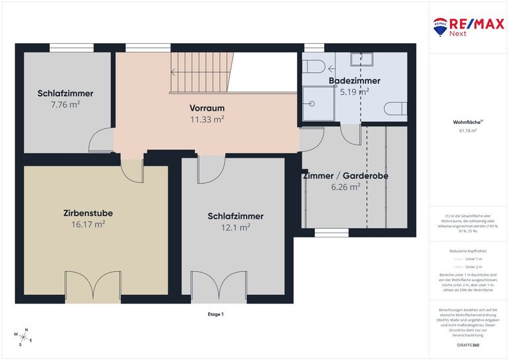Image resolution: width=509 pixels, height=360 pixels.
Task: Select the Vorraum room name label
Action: [207, 108]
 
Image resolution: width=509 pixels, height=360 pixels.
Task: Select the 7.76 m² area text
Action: [65, 105]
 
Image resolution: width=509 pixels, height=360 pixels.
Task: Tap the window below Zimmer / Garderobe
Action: [331, 232]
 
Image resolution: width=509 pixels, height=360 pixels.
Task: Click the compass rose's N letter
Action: [26, 330]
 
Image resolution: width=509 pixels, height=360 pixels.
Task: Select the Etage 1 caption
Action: [215, 314]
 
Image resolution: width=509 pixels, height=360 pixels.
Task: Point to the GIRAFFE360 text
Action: [468, 345]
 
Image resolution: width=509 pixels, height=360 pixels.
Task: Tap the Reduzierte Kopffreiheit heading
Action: [468, 251]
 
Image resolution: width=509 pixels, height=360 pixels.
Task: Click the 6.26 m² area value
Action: [345, 188]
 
